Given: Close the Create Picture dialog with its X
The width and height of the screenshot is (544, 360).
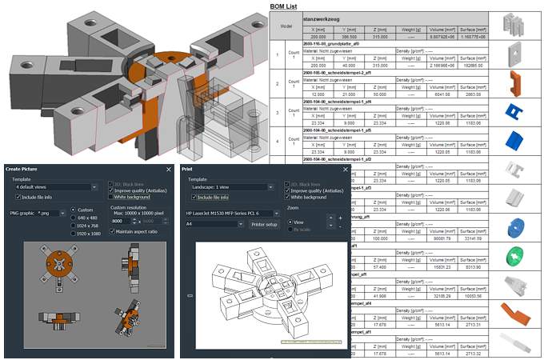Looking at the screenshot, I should click(x=169, y=170).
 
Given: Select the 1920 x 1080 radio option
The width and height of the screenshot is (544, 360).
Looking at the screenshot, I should click(x=74, y=234).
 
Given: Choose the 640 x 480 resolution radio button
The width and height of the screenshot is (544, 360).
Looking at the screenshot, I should click(x=74, y=218).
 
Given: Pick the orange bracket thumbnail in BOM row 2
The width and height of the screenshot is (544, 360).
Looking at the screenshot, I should click(x=514, y=82).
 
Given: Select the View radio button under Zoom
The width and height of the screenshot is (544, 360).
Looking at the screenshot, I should click(x=290, y=222).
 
